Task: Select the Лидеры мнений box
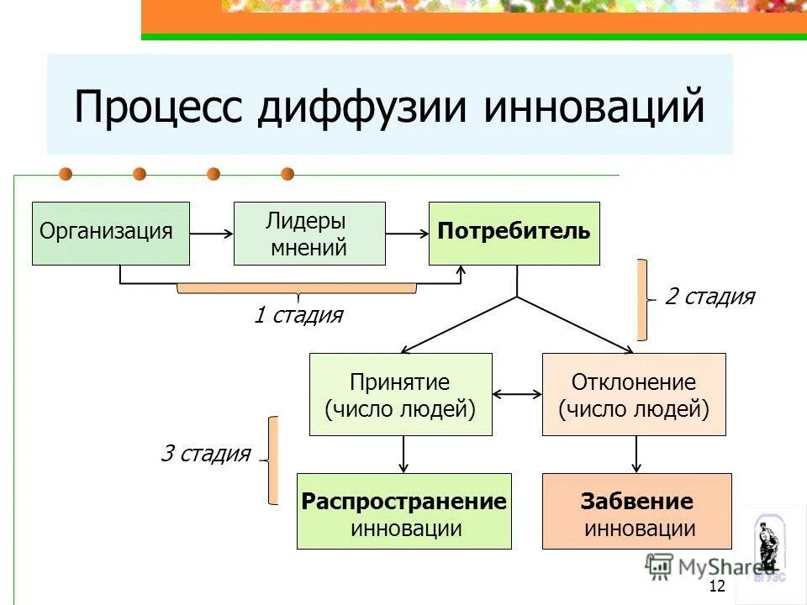click(309, 234)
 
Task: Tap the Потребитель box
click(514, 233)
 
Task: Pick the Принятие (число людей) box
click(400, 394)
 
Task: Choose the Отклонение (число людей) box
click(633, 394)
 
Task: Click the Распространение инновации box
click(403, 511)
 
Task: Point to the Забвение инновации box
click(636, 511)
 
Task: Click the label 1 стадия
click(298, 316)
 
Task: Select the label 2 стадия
click(709, 297)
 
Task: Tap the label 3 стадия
click(205, 455)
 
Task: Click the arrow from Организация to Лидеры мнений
click(211, 234)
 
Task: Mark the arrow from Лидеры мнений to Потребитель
click(407, 234)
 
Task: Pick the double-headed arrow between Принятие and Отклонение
click(517, 392)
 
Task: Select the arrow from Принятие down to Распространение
click(404, 454)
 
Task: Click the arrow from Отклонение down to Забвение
click(636, 454)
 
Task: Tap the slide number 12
click(717, 587)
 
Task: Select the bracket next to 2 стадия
click(643, 300)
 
